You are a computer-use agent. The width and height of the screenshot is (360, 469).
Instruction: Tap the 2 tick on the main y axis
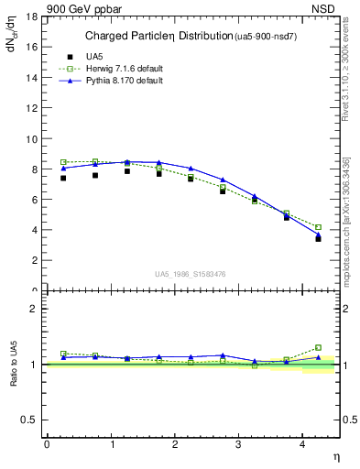pos(34,260)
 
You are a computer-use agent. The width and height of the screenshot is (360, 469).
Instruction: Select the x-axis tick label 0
pos(47,444)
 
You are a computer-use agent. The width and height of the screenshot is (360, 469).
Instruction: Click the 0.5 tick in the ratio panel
pos(30,420)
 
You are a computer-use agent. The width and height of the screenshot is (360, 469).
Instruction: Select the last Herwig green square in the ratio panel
pos(318,347)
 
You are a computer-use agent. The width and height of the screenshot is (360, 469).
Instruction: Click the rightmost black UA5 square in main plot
pos(318,238)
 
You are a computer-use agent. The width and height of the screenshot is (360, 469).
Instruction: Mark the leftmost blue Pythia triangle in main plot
pos(63,168)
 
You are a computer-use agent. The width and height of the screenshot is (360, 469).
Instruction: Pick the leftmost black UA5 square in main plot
pos(63,178)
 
